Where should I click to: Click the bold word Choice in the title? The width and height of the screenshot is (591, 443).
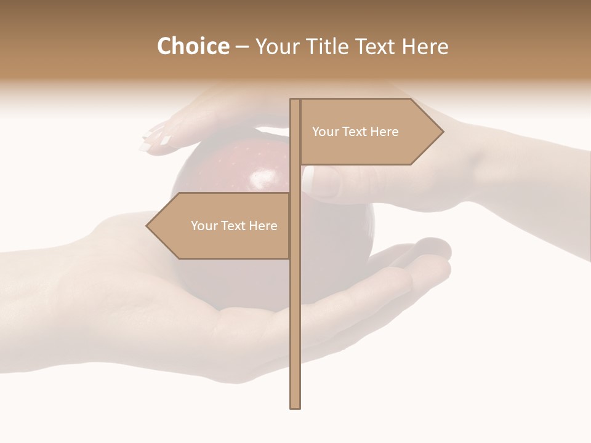pos(193,46)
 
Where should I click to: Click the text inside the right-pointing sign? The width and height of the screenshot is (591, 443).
pos(355,132)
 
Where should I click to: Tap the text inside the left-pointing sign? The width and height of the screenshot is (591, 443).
pos(234,226)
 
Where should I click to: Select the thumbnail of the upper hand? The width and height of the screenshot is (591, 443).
pos(324,180)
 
